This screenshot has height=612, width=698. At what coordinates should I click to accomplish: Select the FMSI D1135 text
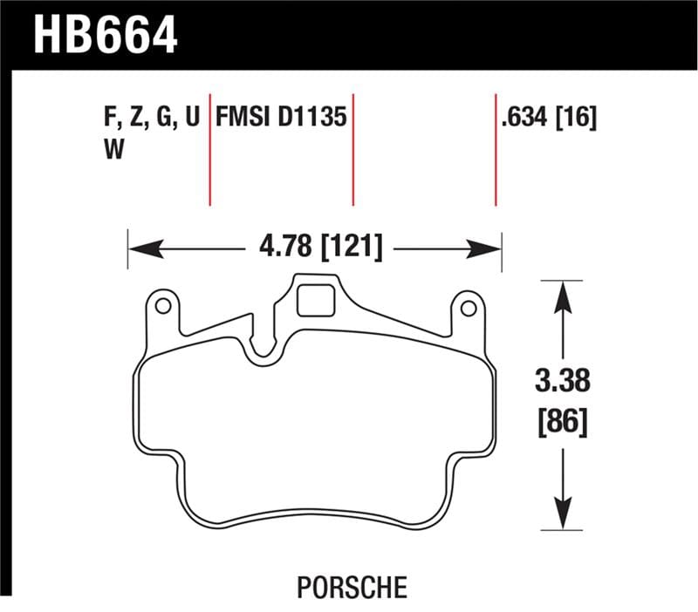tap(281, 118)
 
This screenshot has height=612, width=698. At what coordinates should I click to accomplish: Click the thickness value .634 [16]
tap(549, 118)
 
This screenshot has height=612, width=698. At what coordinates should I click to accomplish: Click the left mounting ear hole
tap(161, 306)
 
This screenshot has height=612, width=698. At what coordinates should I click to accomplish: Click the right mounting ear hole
tap(468, 308)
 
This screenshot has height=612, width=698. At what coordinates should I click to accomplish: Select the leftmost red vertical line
tap(210, 148)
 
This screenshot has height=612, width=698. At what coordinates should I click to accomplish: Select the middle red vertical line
tap(353, 148)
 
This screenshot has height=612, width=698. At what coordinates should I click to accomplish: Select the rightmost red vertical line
tap(496, 148)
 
